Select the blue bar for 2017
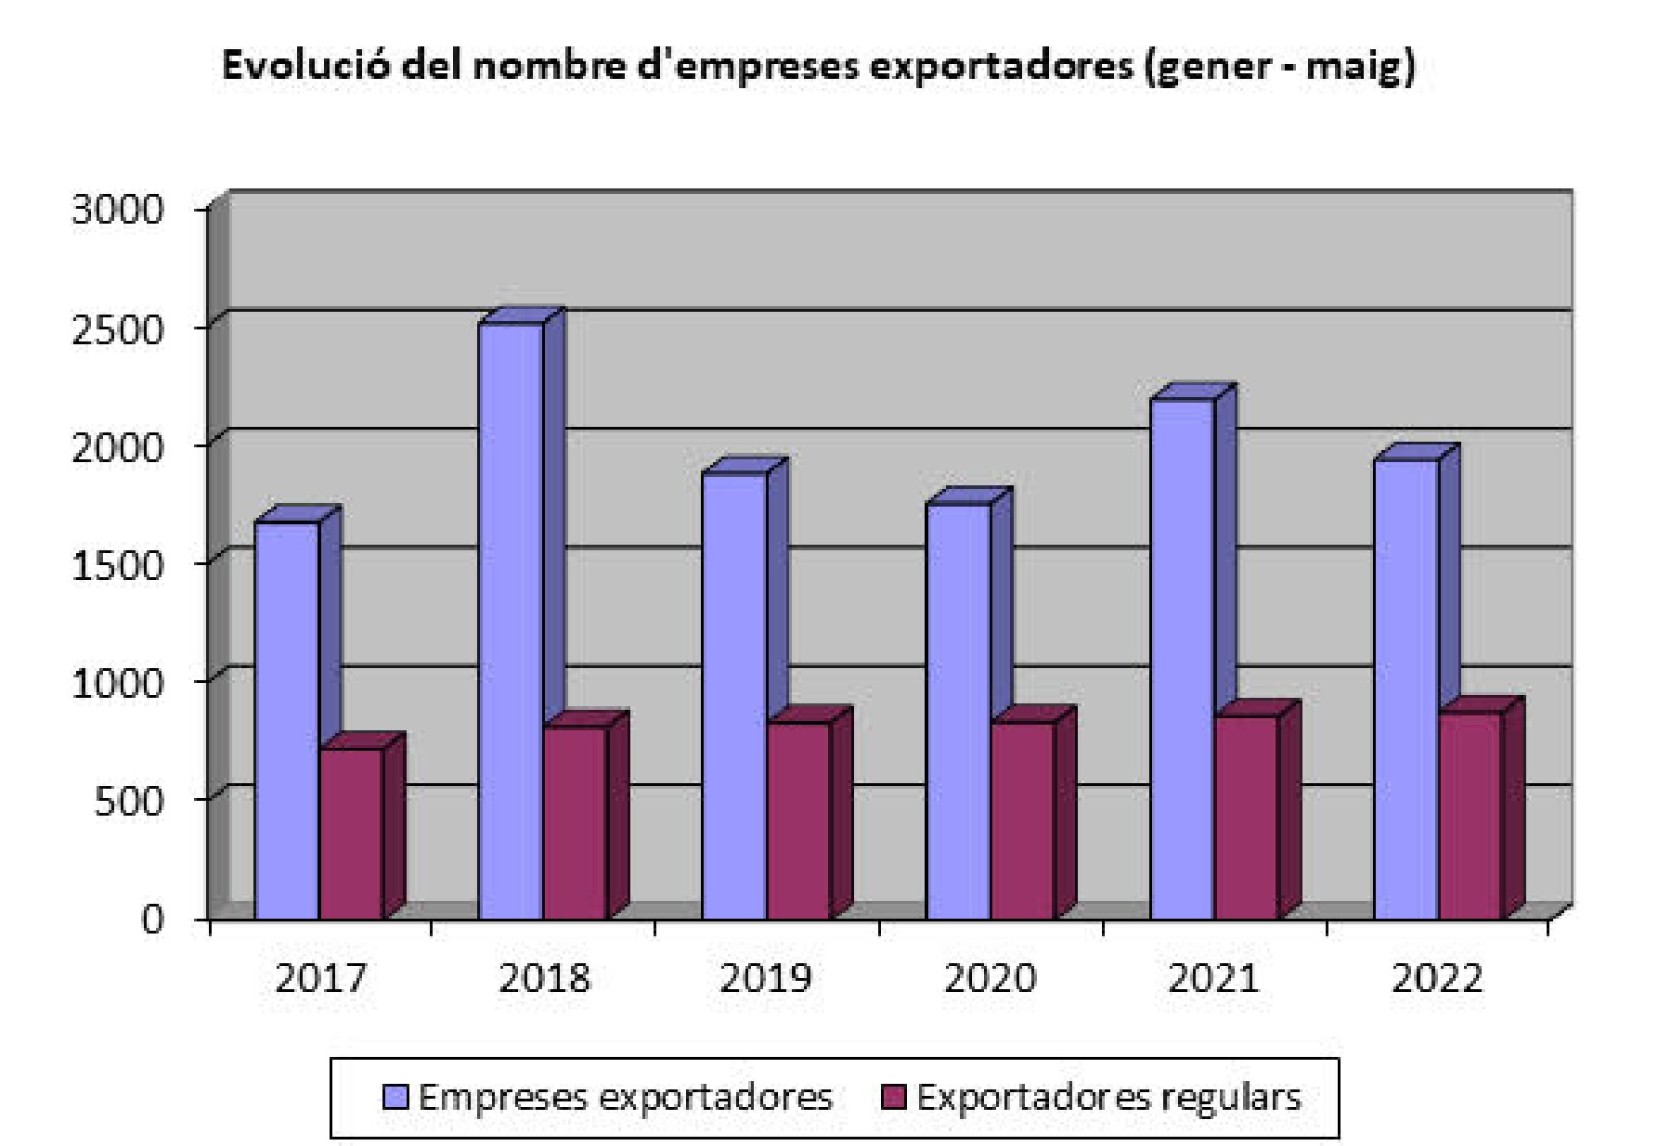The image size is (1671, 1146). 287,719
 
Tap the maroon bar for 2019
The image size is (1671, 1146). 798,820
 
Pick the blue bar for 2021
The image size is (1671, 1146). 1182,659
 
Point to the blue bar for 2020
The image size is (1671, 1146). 958,711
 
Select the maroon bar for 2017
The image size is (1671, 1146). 351,833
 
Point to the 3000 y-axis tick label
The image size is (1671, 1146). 117,210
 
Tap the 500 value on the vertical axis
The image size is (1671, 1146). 128,800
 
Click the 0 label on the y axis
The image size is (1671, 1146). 152,919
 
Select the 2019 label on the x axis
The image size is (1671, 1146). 766,978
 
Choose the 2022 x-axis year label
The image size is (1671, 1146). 1437,978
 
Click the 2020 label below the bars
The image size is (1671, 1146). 990,978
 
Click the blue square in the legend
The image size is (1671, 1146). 395,1098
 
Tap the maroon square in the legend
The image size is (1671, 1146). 893,1098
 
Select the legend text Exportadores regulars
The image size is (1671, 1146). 1108,1098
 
